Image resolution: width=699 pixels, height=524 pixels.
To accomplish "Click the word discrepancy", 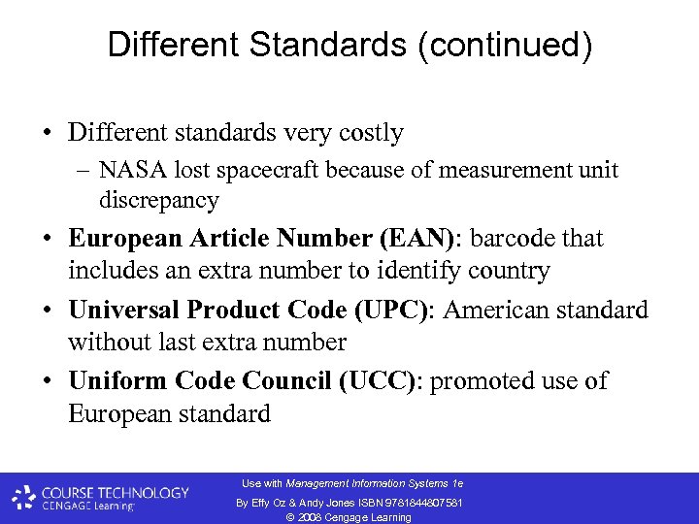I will click(159, 201).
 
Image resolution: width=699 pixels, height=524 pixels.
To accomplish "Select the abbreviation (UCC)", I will click(378, 381).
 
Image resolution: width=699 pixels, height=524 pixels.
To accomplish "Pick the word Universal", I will click(123, 311).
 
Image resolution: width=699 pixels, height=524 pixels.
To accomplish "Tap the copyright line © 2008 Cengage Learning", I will click(349, 517).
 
